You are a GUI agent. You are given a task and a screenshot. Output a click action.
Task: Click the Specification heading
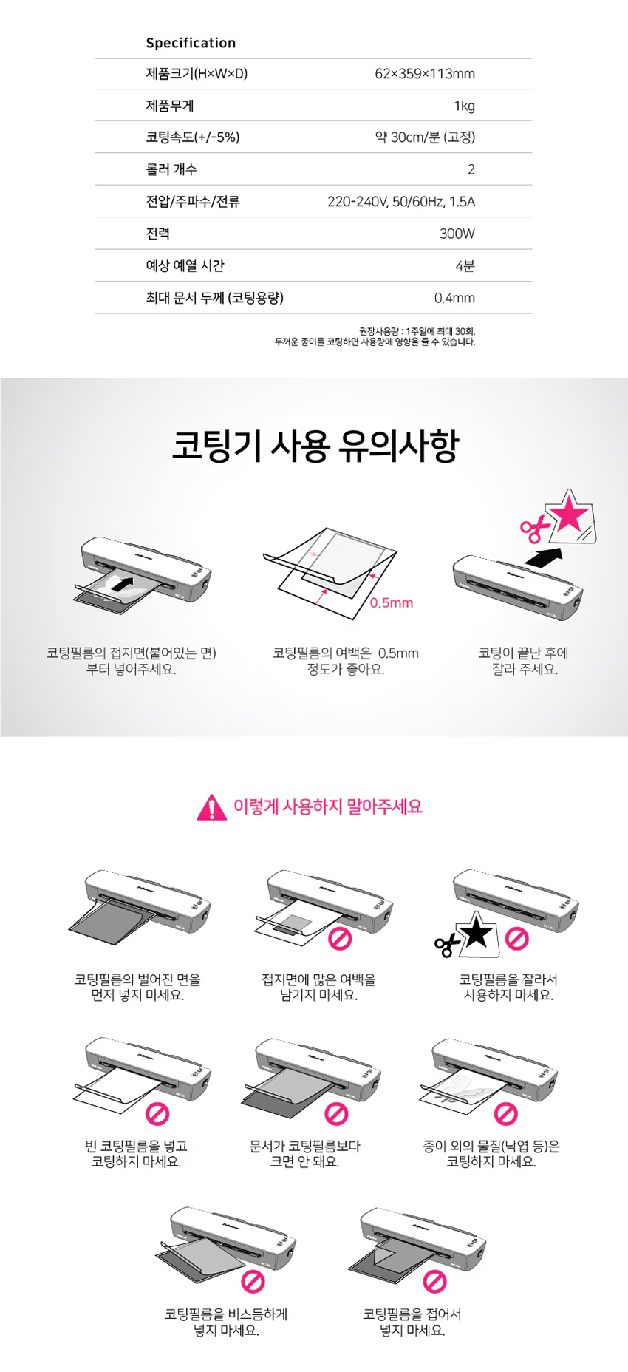click(191, 43)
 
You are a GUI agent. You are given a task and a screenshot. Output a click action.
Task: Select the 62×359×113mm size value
click(425, 74)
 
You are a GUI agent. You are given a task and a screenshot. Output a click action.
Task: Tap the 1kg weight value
click(464, 106)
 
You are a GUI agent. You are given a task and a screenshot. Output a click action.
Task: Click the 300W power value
click(457, 234)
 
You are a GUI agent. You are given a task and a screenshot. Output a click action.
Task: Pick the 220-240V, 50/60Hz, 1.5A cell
click(401, 202)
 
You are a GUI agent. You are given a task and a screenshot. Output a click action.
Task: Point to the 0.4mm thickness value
click(454, 298)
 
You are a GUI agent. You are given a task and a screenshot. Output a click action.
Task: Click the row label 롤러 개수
click(171, 169)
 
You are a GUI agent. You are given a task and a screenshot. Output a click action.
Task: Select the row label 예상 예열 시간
click(185, 265)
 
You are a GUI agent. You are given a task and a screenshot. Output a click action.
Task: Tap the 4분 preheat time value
click(465, 265)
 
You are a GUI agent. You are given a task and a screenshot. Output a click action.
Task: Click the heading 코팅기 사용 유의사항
click(315, 445)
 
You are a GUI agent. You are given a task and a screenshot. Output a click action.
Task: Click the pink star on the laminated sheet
click(570, 514)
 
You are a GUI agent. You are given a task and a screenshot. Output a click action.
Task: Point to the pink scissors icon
click(534, 528)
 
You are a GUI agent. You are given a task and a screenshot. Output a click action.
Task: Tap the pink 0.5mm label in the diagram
click(392, 603)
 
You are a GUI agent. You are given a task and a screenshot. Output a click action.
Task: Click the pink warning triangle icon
click(212, 807)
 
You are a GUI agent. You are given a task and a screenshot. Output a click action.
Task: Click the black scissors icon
click(447, 945)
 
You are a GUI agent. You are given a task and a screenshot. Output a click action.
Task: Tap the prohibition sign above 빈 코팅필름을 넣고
click(157, 1113)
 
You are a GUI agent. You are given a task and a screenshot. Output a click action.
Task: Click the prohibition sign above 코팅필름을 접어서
click(435, 1282)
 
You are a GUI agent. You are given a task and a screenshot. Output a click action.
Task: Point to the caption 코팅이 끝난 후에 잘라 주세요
click(524, 661)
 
